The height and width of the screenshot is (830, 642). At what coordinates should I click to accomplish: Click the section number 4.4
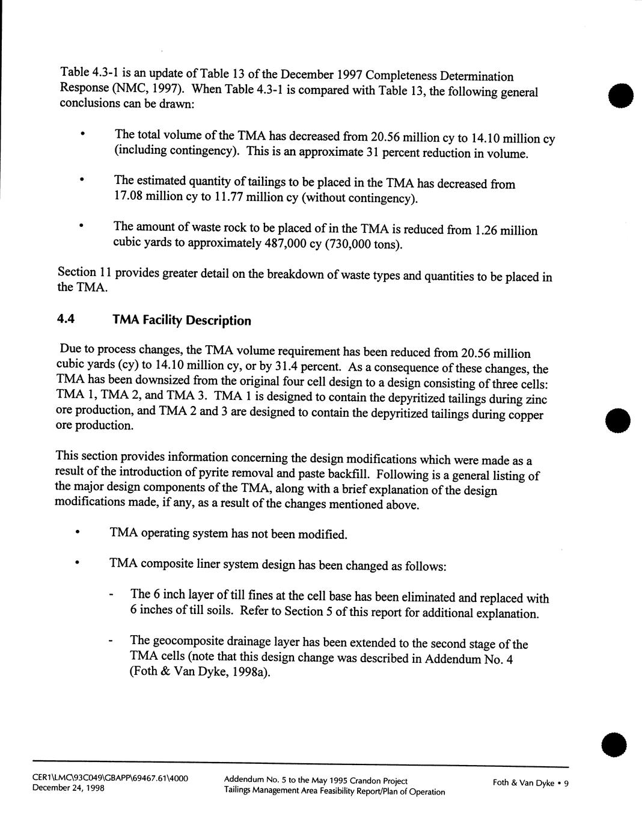tap(66, 320)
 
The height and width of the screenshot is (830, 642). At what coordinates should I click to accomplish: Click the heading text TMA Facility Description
tap(182, 321)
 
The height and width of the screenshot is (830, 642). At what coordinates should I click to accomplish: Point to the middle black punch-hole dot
tap(619, 420)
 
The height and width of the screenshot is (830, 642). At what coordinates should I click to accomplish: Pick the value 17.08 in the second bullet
tap(129, 197)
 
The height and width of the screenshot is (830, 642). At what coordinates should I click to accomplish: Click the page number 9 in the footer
tap(566, 783)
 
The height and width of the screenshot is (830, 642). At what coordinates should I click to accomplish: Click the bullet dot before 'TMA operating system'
tap(76, 532)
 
